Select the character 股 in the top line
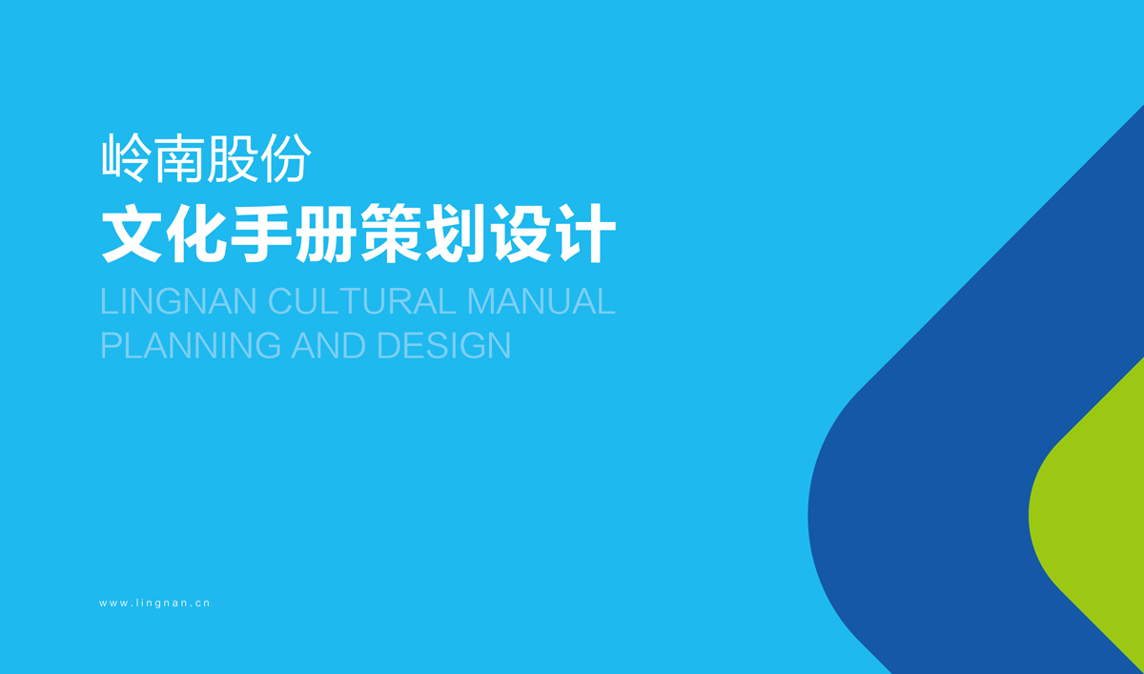(x=233, y=159)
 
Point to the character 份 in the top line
(x=286, y=159)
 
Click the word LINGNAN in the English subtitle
(x=179, y=301)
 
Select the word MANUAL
(x=541, y=301)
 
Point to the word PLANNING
(x=191, y=345)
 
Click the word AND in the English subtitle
(x=329, y=345)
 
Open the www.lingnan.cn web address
(x=154, y=603)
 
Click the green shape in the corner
(x=1096, y=515)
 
